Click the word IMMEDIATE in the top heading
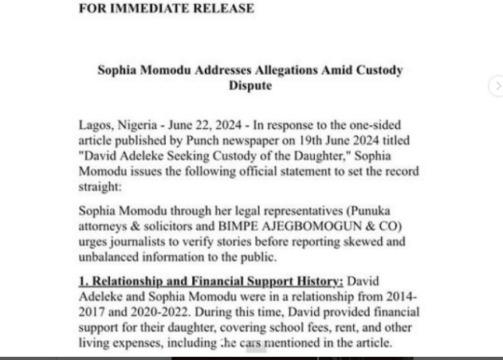tap(157, 9)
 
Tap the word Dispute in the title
tap(250, 85)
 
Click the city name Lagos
tap(96, 126)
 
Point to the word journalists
tap(138, 241)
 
